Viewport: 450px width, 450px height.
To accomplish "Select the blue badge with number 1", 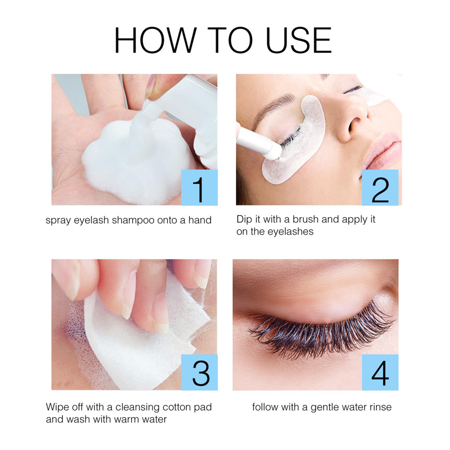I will [x=199, y=187].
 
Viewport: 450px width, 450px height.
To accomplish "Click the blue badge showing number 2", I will [x=380, y=187].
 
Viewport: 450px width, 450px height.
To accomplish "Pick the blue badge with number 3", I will [x=199, y=372].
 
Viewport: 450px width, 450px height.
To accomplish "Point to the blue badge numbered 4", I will [x=380, y=372].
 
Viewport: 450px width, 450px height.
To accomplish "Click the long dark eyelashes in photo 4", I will [x=323, y=337].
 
